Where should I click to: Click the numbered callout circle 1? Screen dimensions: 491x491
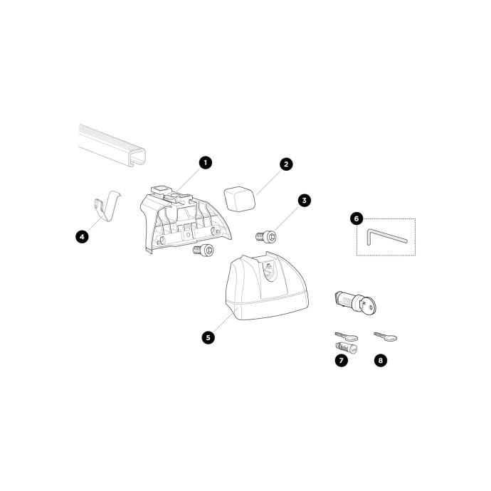pos(206,163)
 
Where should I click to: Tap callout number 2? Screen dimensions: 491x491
pos(286,164)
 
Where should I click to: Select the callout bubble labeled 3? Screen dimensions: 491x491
pos(305,201)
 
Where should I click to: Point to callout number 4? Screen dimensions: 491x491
pos(82,237)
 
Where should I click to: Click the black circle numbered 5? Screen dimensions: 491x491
pos(208,337)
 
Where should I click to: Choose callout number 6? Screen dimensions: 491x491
pos(357,218)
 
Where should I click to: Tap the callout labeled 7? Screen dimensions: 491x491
pos(342,360)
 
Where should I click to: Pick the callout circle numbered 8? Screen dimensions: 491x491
pos(381,360)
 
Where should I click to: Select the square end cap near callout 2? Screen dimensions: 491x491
pos(239,199)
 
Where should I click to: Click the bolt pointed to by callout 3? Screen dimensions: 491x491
pos(266,236)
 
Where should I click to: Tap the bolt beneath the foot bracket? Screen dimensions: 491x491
pos(204,250)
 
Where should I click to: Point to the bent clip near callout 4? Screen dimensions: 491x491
pos(107,206)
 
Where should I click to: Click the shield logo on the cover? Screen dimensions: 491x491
pos(268,270)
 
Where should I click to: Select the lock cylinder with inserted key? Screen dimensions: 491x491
pos(355,302)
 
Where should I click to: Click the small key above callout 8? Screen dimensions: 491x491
pos(386,337)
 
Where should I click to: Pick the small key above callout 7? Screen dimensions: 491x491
pos(347,337)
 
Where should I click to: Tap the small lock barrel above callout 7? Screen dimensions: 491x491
pos(347,348)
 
